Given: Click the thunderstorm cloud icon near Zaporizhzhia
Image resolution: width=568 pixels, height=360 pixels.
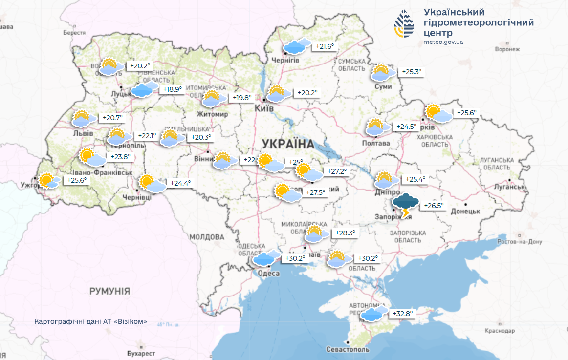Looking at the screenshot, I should point(406,204).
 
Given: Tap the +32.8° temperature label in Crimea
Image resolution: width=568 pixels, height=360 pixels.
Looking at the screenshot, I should point(402,314).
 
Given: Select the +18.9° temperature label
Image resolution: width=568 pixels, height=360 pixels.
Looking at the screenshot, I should point(172,89).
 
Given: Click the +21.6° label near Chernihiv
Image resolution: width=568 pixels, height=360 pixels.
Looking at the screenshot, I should point(325,46).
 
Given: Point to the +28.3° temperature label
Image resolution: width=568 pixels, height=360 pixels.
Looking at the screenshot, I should point(345,233).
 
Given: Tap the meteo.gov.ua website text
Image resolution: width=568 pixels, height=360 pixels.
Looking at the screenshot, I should point(443,42).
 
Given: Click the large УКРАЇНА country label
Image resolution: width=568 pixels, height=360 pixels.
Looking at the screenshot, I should point(288,144).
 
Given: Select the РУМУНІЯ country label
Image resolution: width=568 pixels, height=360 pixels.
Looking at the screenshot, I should point(109,291).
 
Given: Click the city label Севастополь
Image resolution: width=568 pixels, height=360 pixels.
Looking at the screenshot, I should point(349,350).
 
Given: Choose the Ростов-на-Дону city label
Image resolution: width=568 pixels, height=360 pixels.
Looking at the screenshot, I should point(519,242).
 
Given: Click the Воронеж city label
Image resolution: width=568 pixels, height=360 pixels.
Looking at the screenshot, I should point(507,50).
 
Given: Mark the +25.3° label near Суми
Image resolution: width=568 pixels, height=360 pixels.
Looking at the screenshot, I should point(411,72).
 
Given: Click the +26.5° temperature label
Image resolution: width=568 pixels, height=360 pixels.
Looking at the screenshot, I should point(434,205).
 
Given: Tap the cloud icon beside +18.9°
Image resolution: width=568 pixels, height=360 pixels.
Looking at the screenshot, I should point(144,89).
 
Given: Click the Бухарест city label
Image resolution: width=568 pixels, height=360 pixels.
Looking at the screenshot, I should point(140,353).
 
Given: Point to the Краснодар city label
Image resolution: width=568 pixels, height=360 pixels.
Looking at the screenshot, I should point(500,331).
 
